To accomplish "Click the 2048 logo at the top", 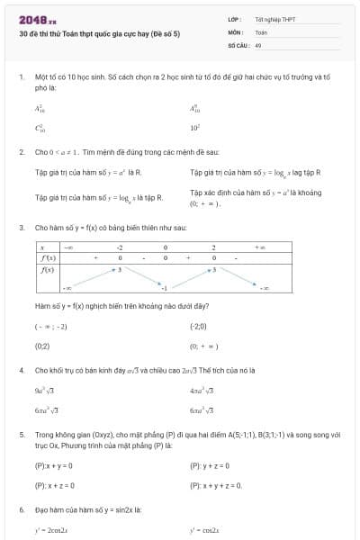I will [37, 19].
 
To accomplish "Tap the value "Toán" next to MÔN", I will [261, 31].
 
